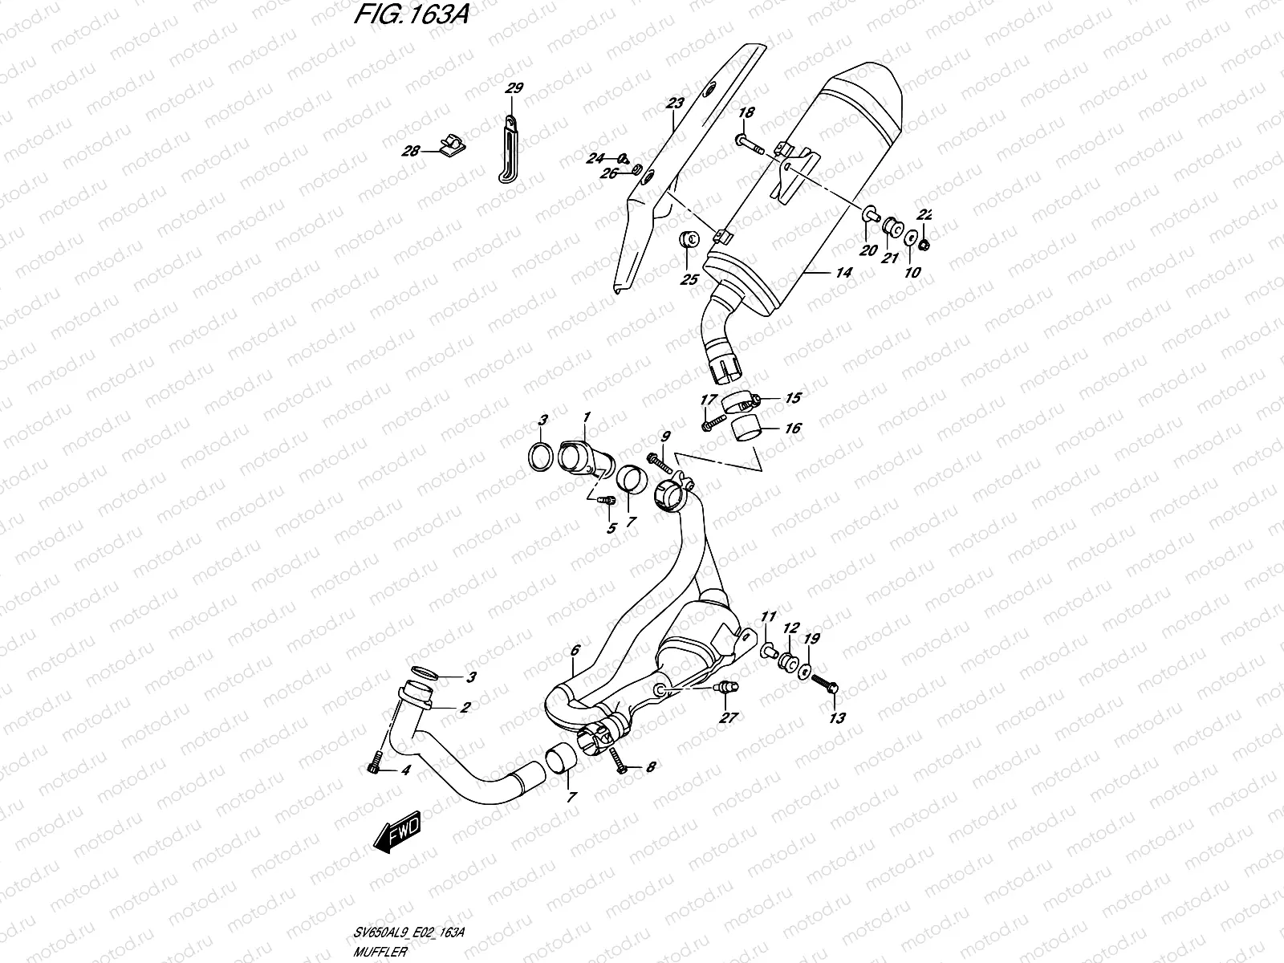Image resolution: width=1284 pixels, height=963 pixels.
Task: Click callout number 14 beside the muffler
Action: click(x=843, y=273)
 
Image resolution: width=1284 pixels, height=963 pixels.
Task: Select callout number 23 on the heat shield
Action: click(x=674, y=103)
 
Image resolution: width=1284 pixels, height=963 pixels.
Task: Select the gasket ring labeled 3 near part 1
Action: click(x=541, y=457)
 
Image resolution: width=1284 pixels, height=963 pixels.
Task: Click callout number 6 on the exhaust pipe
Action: click(x=575, y=651)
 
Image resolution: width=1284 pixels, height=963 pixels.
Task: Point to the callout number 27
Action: click(x=728, y=718)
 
